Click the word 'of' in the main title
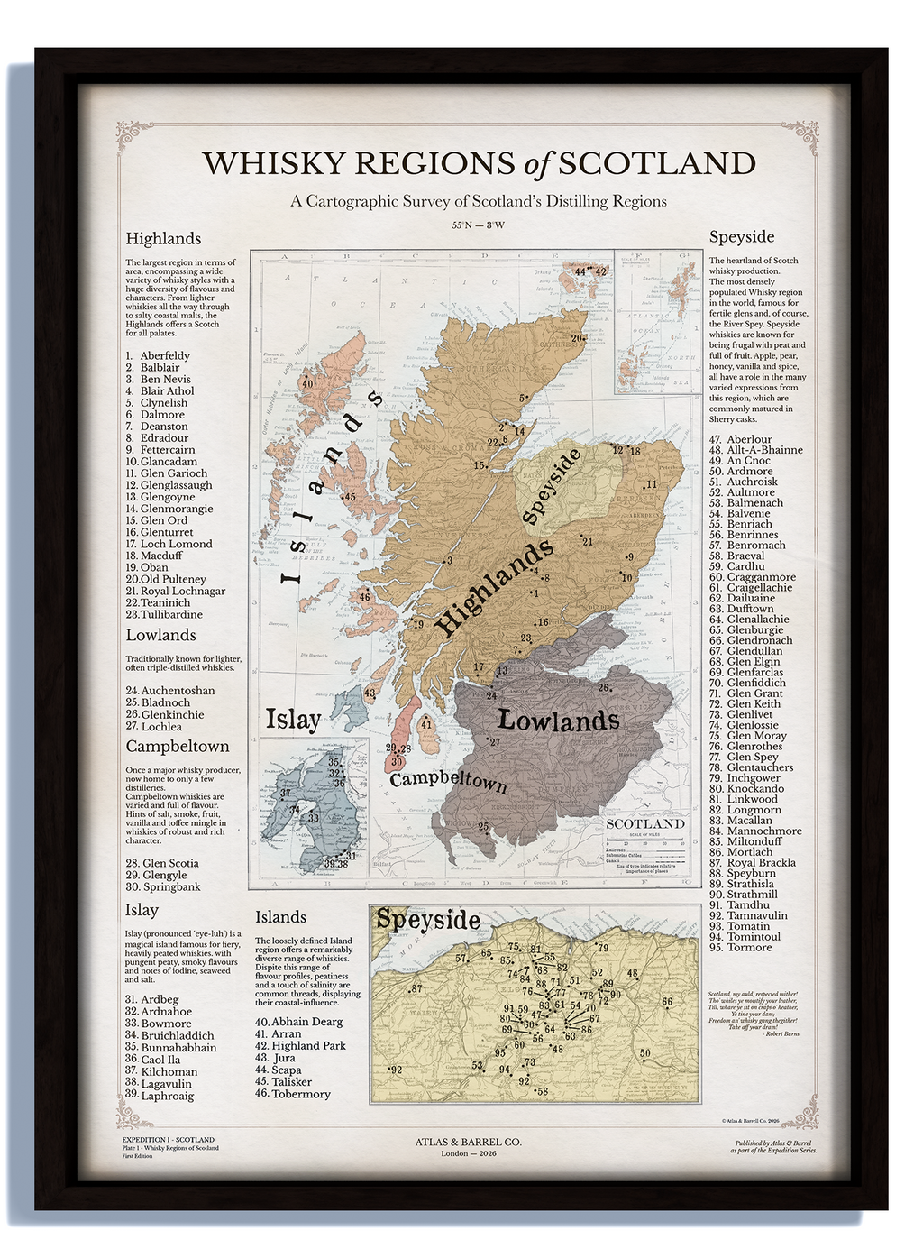(x=536, y=164)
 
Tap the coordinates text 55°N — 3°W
(x=478, y=225)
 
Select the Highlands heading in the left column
(x=163, y=239)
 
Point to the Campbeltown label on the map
(x=448, y=778)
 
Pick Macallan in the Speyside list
(x=749, y=821)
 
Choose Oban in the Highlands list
(x=154, y=567)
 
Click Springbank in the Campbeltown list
(x=171, y=886)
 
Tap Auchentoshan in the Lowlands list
(x=178, y=691)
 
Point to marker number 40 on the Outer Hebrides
(x=307, y=383)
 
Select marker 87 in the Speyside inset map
(x=416, y=989)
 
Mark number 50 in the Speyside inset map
(x=644, y=1053)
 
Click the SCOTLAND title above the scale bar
(x=645, y=823)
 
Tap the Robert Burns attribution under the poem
(x=781, y=1034)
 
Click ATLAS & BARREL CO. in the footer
(x=468, y=1142)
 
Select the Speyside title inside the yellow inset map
(x=428, y=920)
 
